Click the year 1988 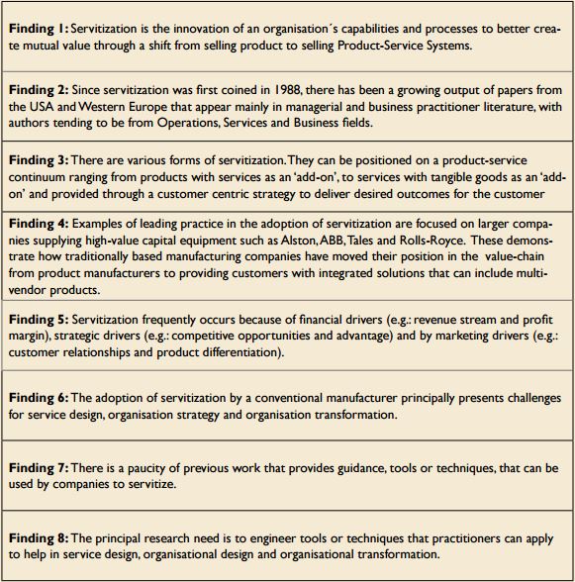click(268, 91)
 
